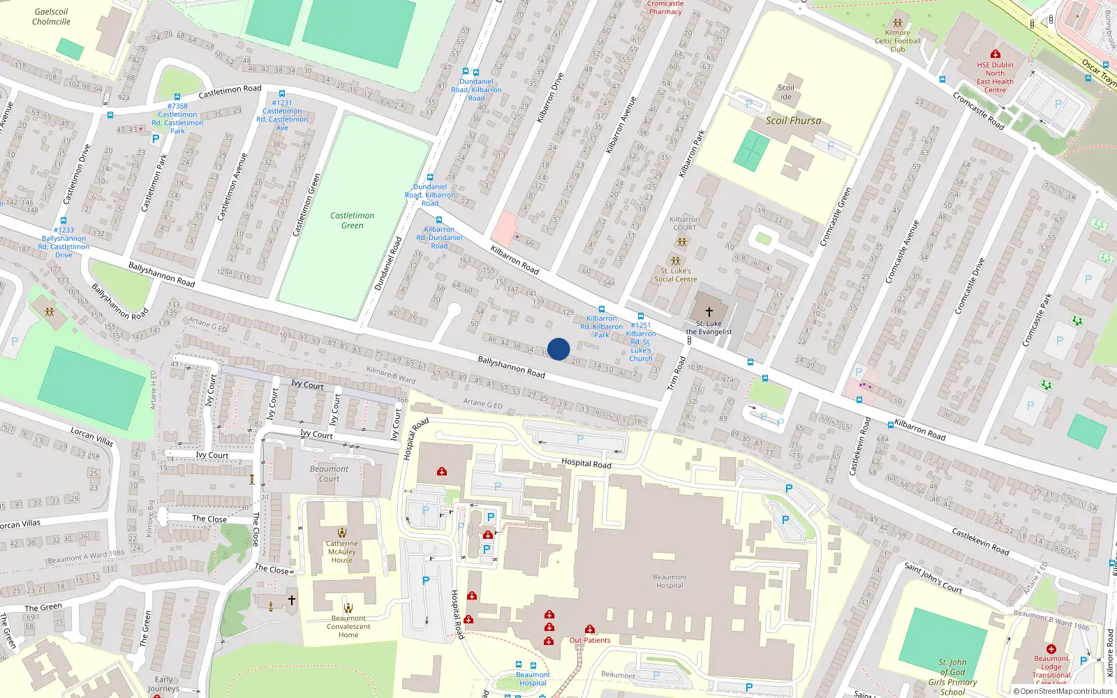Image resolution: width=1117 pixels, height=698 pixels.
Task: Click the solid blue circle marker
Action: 558,349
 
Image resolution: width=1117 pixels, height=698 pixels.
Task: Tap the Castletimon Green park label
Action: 353,221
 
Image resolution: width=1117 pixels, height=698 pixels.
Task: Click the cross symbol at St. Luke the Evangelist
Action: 709,312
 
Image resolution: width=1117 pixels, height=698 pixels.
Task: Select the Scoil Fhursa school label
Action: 793,121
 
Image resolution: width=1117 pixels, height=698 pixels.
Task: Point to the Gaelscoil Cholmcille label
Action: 51,17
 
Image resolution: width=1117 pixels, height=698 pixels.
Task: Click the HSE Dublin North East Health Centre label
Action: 995,77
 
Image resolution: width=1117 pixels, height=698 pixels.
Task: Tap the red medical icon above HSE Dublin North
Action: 996,54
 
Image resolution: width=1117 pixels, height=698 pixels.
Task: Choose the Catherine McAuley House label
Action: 342,551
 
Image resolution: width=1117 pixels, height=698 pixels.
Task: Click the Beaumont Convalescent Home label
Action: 348,626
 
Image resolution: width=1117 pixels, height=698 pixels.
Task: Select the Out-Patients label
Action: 590,640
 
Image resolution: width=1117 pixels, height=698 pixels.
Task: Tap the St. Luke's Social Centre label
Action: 676,275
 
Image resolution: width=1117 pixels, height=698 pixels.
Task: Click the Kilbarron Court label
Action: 684,223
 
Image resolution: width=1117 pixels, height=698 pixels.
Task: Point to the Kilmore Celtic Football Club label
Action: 898,40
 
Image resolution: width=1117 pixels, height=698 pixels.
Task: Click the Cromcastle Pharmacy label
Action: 665,8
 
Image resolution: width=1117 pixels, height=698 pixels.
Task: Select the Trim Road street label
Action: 676,373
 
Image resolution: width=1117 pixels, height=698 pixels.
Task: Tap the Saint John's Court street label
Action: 933,578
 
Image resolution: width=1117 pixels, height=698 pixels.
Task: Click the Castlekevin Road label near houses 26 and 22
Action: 980,542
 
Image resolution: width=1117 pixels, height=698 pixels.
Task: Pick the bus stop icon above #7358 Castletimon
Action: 177,97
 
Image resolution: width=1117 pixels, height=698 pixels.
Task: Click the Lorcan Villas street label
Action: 91,437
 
